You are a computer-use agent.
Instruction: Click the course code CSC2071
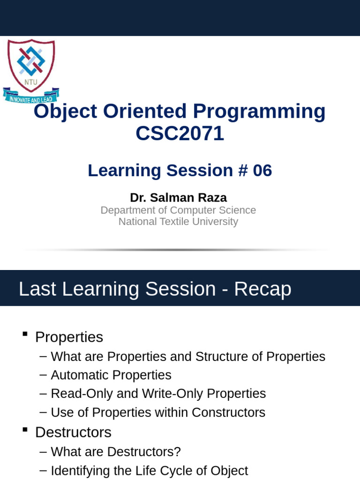tap(180, 134)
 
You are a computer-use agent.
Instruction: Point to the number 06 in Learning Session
tap(262, 171)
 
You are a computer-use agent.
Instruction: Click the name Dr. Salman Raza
tap(178, 197)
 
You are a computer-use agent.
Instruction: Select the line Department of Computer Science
tap(178, 210)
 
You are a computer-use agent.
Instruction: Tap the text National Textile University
tap(178, 222)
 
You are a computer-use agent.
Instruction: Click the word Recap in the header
tap(262, 289)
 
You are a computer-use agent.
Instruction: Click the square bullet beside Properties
tap(25, 334)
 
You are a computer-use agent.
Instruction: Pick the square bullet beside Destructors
tap(25, 429)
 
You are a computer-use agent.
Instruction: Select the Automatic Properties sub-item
tap(111, 375)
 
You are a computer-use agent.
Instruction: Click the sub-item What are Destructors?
tap(116, 452)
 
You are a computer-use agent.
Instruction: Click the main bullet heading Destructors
tap(73, 432)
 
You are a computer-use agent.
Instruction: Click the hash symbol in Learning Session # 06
tap(242, 171)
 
